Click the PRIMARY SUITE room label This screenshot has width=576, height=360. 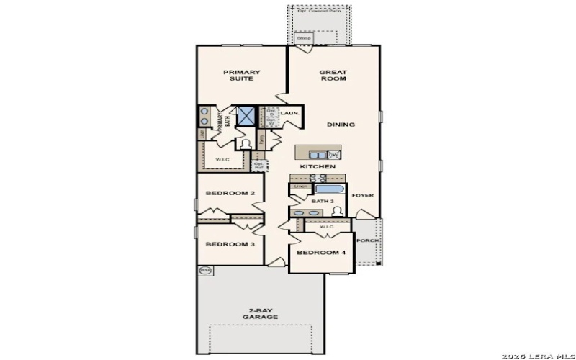(x=241, y=75)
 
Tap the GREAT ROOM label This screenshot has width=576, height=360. (x=333, y=75)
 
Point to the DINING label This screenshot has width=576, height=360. (x=341, y=125)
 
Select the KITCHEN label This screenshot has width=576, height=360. (x=318, y=166)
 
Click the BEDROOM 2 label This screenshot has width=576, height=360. (x=230, y=193)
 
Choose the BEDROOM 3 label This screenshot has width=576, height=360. (x=230, y=244)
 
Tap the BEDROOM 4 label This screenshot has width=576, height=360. (x=321, y=253)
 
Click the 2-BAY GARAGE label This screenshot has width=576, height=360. (x=260, y=313)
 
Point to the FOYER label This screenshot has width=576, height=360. (x=362, y=195)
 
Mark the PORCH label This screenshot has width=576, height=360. (x=367, y=240)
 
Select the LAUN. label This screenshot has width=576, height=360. (x=290, y=113)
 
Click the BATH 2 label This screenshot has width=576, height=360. (x=323, y=202)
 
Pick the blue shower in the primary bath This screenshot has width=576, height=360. (x=247, y=116)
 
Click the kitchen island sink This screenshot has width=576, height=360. (x=317, y=154)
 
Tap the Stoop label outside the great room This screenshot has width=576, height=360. (x=302, y=38)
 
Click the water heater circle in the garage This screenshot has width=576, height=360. (x=205, y=271)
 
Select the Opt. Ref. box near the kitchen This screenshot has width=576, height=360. (x=259, y=165)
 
